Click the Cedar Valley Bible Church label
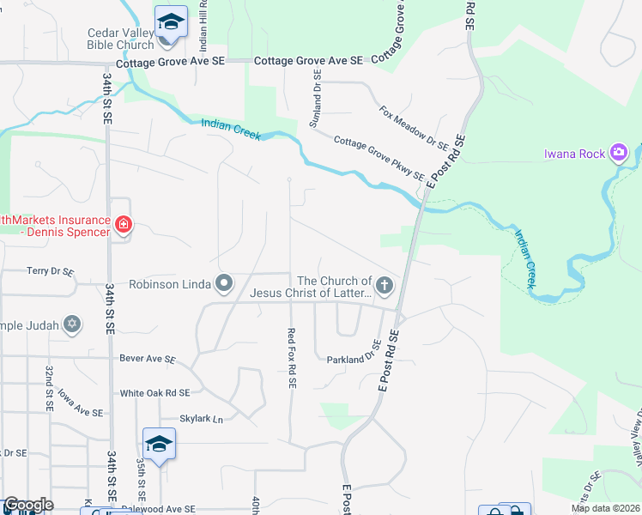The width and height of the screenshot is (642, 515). (x=119, y=39)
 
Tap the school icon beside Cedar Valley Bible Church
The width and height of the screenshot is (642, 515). (x=171, y=21)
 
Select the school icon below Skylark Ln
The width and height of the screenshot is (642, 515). (x=159, y=443)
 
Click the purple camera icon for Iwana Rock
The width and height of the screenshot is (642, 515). (x=619, y=153)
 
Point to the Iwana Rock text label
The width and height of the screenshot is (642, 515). (x=574, y=154)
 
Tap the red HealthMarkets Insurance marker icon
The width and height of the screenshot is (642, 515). (x=124, y=226)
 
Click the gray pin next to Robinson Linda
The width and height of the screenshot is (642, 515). (x=224, y=282)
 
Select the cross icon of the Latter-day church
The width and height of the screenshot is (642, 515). (x=384, y=283)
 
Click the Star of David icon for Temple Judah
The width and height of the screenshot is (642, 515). (x=73, y=324)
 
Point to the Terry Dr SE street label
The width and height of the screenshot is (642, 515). (x=50, y=271)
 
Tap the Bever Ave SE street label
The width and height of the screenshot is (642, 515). (x=148, y=359)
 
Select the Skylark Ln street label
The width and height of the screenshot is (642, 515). (x=201, y=419)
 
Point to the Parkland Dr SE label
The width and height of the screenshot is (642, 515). (x=354, y=353)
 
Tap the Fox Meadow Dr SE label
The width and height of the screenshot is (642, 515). (x=409, y=128)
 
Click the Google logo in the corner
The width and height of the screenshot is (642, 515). (x=28, y=506)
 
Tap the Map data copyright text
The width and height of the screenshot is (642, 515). (x=604, y=508)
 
